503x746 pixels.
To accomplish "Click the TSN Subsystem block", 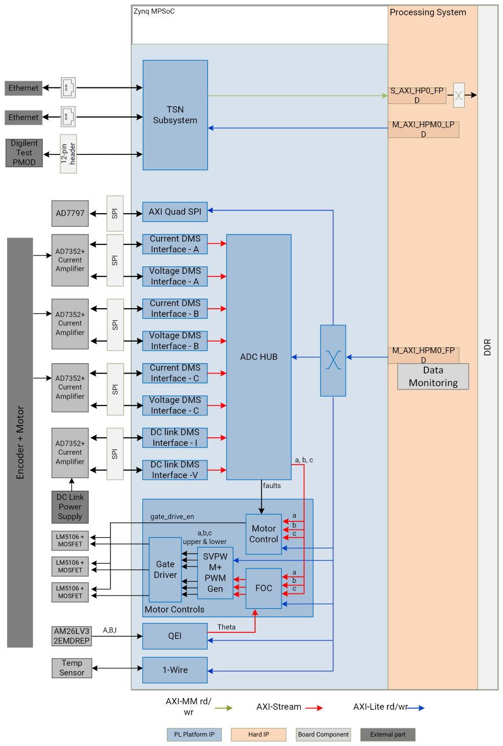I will pos(175,115).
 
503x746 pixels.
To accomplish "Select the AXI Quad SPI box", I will pos(175,212).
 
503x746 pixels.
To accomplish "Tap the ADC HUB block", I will pos(258,357).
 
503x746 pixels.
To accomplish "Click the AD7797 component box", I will pos(70,213).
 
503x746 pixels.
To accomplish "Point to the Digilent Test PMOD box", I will pos(24,153).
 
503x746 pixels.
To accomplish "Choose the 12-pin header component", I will pos(68,154).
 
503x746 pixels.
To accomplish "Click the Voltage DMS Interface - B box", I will pos(175,341).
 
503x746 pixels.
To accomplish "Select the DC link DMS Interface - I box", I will pos(175,438).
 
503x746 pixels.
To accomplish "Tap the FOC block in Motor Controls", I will pos(263,588).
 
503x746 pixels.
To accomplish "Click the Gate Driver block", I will pos(165,570).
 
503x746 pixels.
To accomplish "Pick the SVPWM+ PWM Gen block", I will pos(215,573).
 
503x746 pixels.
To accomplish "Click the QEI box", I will pos(175,636).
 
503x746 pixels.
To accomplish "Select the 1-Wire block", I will pos(175,670).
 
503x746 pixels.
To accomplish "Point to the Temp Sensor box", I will pos(72,668).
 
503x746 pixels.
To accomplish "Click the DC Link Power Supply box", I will pos(70,507).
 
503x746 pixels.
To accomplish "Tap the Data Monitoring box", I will pos(433,377).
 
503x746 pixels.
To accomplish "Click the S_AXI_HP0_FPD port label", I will pos(417,95).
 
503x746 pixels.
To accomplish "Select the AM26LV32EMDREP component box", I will pos(71,636).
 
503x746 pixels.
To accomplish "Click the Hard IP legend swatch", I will pos(258,734).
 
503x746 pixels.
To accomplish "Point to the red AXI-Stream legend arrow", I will pos(314,708).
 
